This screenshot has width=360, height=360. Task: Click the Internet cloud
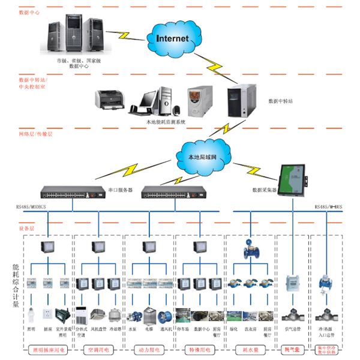(x=172, y=38)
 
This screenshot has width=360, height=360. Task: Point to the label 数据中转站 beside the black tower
(x=280, y=101)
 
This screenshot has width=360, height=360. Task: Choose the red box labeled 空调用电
(x=97, y=349)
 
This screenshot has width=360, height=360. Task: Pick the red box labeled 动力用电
(x=148, y=349)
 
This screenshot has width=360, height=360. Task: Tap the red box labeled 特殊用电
(x=199, y=349)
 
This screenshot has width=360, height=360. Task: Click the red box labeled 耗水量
(x=248, y=349)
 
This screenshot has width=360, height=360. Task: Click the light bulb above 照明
(x=30, y=312)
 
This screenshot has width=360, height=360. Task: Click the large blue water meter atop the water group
(x=249, y=251)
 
